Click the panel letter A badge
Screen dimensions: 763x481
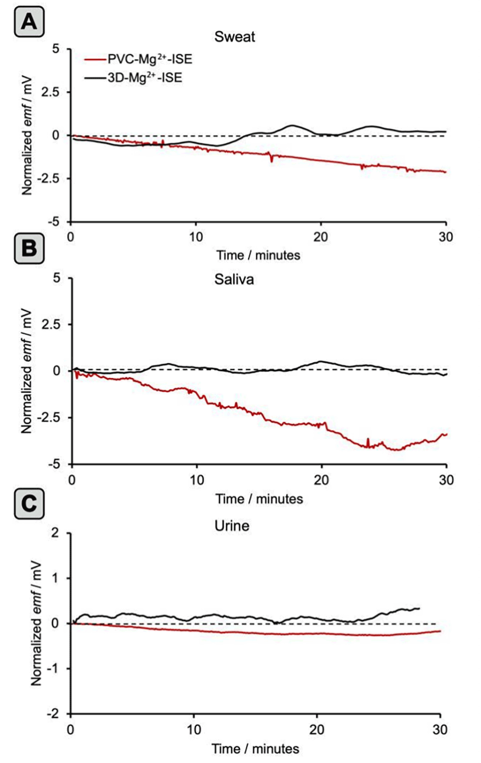point(29,23)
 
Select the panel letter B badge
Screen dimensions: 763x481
point(29,249)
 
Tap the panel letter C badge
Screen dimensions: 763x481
point(29,503)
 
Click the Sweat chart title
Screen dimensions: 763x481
point(234,37)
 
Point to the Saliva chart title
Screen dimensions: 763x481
point(234,279)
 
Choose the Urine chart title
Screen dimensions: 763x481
point(232,526)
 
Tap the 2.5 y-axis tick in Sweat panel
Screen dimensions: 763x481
point(49,92)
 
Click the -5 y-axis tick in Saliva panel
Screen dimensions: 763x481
point(53,464)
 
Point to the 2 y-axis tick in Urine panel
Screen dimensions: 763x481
point(55,532)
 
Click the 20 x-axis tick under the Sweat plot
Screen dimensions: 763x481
point(320,237)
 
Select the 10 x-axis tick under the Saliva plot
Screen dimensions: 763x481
point(197,480)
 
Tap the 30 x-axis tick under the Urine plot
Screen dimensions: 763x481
point(440,729)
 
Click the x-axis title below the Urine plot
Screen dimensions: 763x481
point(255,749)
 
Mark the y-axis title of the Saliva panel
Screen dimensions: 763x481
point(26,371)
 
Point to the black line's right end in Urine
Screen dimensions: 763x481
point(419,608)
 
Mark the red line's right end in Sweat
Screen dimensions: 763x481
point(445,172)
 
